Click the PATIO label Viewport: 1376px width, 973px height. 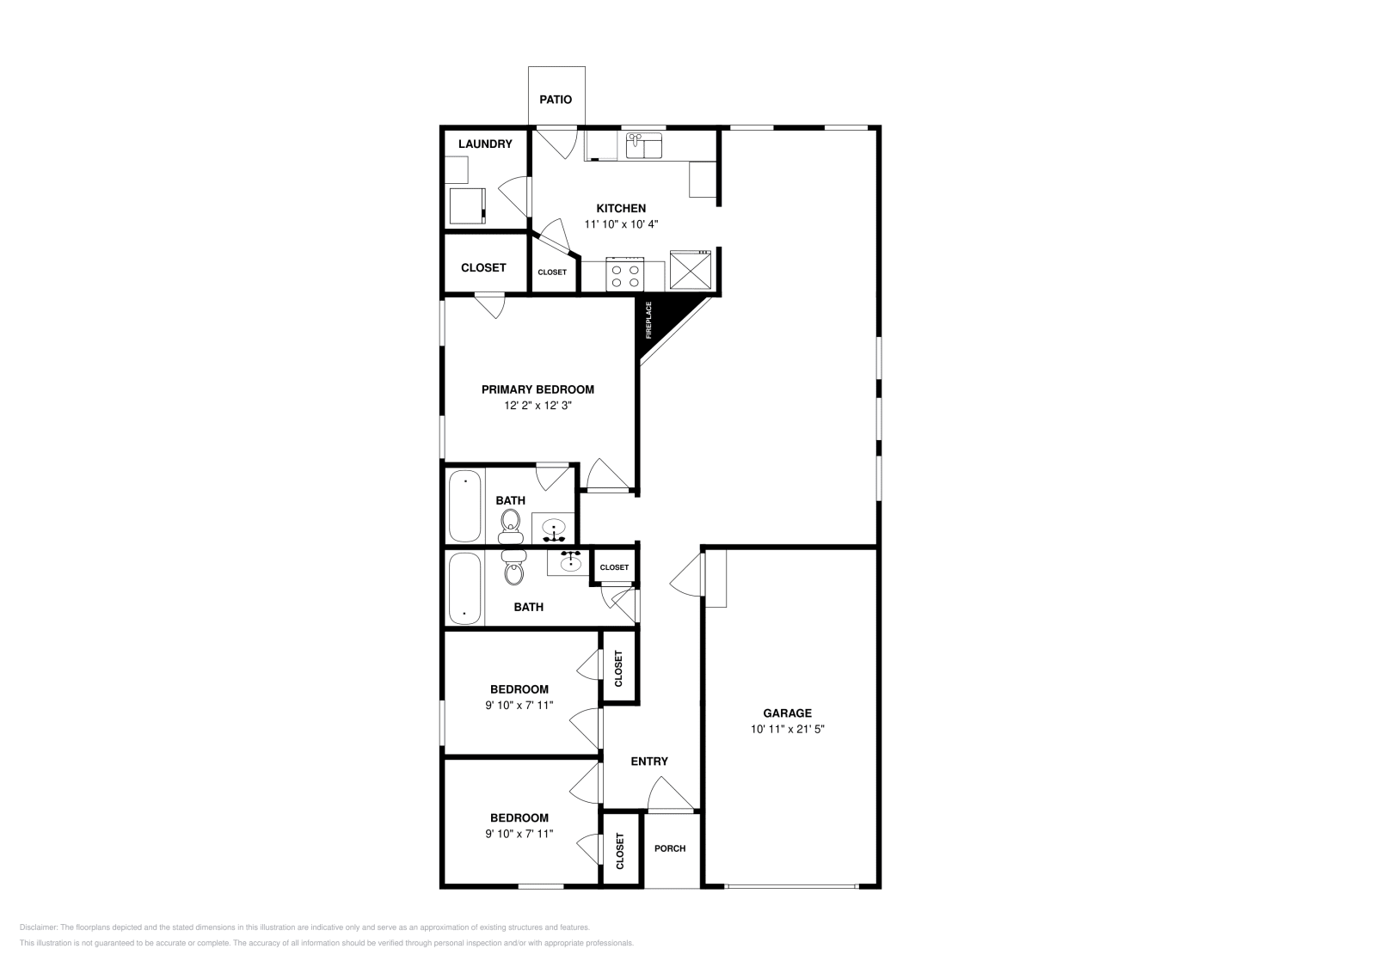click(x=556, y=100)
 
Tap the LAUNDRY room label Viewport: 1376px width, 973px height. click(x=485, y=144)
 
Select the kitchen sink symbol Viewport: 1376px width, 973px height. click(x=643, y=146)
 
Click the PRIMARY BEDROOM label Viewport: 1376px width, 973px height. click(x=537, y=389)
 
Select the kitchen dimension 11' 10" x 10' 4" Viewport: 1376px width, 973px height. click(x=621, y=224)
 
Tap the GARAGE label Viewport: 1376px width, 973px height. click(x=787, y=713)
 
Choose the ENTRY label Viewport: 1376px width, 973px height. click(x=648, y=762)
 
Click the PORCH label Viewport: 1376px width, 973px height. click(x=670, y=848)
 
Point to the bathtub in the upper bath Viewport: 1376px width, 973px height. click(x=465, y=505)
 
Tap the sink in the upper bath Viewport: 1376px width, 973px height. click(x=553, y=528)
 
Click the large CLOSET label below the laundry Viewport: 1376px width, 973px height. click(x=483, y=267)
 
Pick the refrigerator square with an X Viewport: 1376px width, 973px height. click(x=691, y=269)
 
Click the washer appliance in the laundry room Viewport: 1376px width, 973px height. click(x=467, y=205)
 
